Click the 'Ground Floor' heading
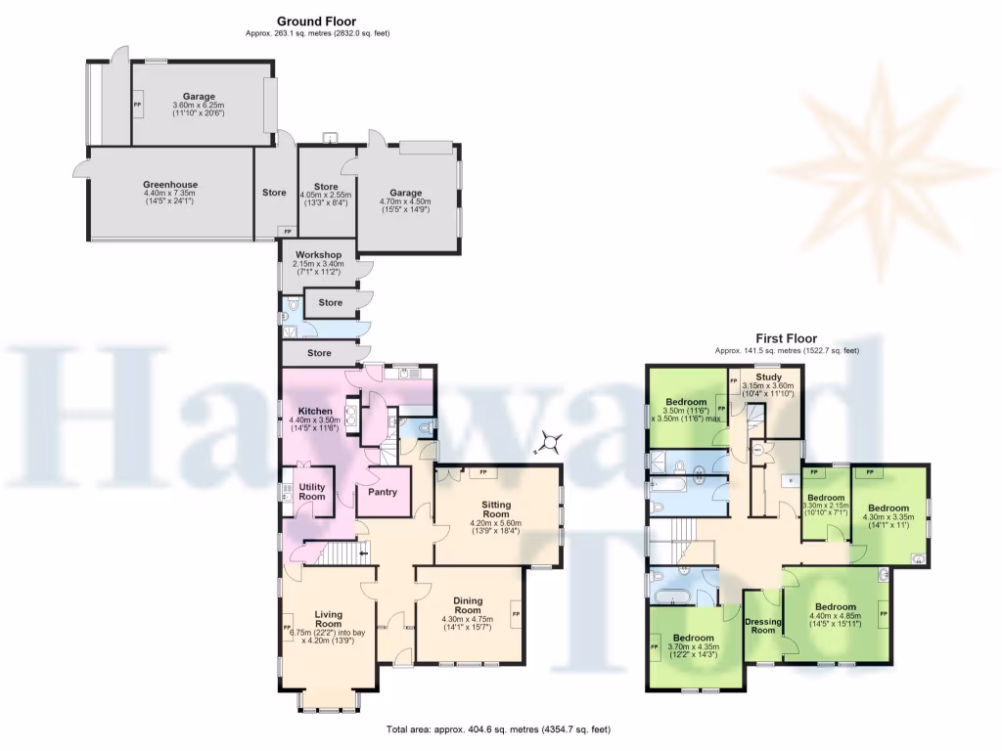(x=316, y=21)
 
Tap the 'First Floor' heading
(x=787, y=338)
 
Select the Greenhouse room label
(x=170, y=184)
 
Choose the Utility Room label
(x=312, y=492)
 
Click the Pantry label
(x=383, y=492)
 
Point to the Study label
(x=768, y=375)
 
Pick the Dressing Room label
(x=762, y=626)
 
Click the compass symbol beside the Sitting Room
(x=552, y=443)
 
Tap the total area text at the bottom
(x=498, y=729)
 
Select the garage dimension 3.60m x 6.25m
(x=199, y=106)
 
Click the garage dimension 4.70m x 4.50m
(x=405, y=202)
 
